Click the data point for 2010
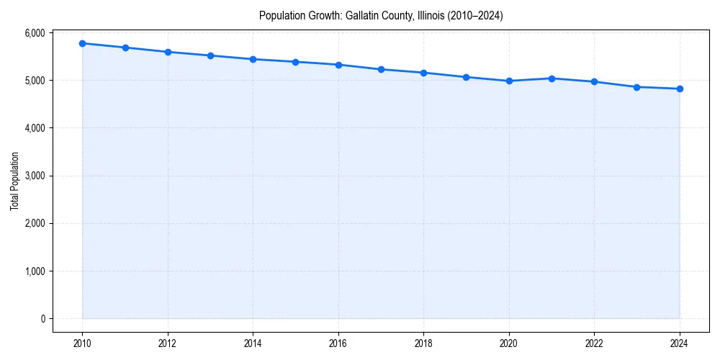83,43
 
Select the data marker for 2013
210,55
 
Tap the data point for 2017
381,69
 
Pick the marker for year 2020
509,81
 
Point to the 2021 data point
552,78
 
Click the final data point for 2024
680,89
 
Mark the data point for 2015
296,62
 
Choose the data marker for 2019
467,77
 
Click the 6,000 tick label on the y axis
34,33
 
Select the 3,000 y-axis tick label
34,176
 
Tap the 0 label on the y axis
42,319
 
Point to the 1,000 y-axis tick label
34,271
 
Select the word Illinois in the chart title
432,15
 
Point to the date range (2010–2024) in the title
476,15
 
